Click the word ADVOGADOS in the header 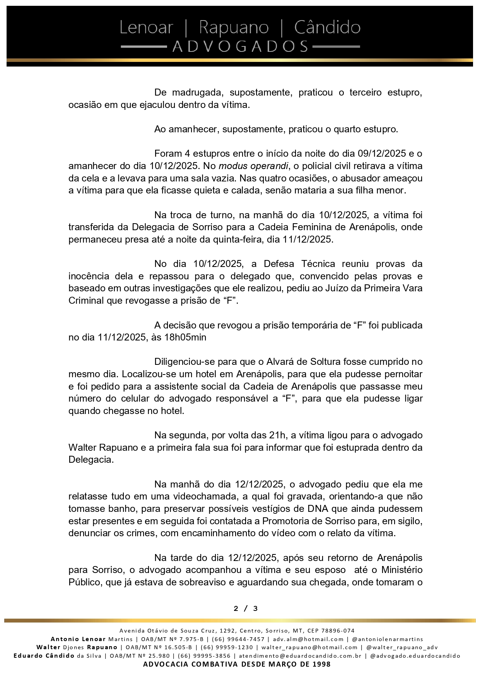[240, 47]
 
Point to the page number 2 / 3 [246, 609]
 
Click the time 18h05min [185, 337]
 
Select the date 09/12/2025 [382, 154]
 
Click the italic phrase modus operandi [253, 166]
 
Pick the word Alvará [282, 362]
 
